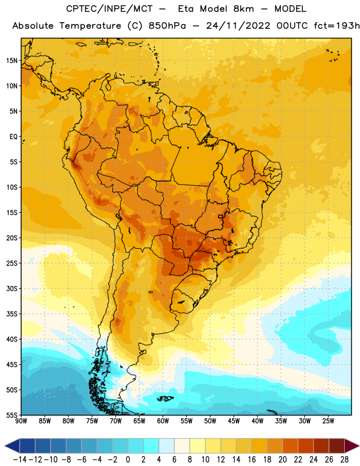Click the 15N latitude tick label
point(12,61)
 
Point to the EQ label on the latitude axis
point(13,137)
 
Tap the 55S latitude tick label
point(12,415)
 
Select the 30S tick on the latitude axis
point(12,288)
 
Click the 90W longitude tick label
point(21,421)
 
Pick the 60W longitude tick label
point(163,421)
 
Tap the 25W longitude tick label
point(328,421)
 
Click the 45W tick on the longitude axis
point(234,421)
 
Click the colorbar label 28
point(344,460)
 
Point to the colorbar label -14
point(20,460)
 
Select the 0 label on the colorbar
point(128,460)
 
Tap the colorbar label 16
point(252,460)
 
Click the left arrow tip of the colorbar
point(5,446)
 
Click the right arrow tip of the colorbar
point(359,446)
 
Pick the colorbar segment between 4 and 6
point(167,446)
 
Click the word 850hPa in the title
point(167,26)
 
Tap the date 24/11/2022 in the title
point(238,26)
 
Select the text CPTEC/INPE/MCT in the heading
point(109,9)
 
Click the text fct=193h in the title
point(337,26)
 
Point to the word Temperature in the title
point(90,26)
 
